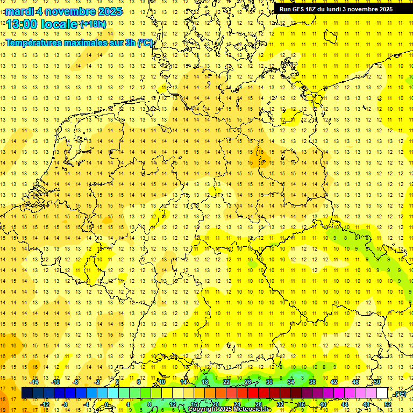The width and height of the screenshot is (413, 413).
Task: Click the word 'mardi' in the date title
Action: [x=20, y=11]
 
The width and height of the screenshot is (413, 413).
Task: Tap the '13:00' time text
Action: [x=22, y=24]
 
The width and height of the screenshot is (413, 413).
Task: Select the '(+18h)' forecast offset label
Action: [x=93, y=24]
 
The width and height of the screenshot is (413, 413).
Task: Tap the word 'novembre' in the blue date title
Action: [x=73, y=11]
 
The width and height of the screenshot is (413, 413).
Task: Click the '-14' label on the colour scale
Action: [x=34, y=382]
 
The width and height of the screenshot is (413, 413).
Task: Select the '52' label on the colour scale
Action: [x=388, y=404]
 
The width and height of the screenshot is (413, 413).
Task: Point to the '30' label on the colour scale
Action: [x=269, y=382]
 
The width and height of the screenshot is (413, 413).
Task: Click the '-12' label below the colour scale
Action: [x=45, y=404]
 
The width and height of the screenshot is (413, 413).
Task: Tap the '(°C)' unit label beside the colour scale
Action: [x=400, y=394]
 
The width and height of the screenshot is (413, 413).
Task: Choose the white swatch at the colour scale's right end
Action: [x=382, y=393]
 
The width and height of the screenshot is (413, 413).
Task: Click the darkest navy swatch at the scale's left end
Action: [x=27, y=393]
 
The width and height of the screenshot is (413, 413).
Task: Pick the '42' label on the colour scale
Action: [x=334, y=382]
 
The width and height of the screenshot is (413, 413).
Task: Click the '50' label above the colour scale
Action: [x=377, y=382]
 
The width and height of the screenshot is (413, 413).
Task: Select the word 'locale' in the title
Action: [x=59, y=24]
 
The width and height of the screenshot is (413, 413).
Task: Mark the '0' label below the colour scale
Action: [x=106, y=404]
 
